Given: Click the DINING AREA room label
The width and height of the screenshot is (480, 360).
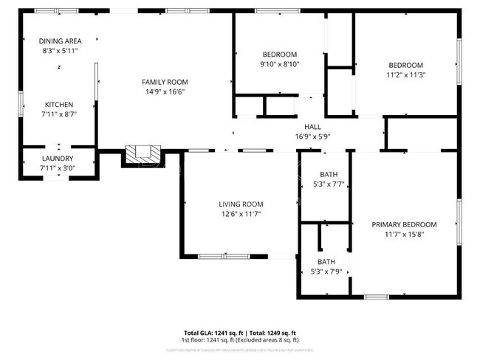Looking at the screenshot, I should click(60, 41).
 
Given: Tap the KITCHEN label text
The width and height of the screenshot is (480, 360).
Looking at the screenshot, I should click(60, 104).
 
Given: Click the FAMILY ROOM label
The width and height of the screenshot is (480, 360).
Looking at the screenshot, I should click(165, 82).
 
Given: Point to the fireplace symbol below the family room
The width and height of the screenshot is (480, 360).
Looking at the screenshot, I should click(142, 153).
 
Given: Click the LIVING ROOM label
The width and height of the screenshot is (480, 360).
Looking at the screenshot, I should click(240, 204).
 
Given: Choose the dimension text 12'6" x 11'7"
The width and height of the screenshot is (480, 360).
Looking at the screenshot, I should click(240, 214).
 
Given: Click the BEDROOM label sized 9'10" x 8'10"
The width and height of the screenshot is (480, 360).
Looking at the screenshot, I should click(280, 55).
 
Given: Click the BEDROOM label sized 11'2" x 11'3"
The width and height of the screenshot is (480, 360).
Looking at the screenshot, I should click(405, 65).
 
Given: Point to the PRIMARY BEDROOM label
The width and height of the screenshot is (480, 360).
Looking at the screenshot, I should click(403, 225).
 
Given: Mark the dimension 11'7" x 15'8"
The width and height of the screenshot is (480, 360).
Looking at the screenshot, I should click(403, 235).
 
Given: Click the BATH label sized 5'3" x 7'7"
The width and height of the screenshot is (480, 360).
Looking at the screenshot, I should click(329, 175).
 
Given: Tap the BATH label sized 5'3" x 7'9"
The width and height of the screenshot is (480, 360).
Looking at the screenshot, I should click(326, 262).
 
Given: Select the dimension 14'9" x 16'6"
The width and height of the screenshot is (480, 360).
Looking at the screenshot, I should click(165, 91).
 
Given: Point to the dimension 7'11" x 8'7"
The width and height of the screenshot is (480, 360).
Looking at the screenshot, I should click(60, 114).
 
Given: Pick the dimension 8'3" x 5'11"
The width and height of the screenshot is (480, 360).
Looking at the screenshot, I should click(60, 50).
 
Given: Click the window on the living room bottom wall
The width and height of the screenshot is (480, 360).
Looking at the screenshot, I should click(223, 256).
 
